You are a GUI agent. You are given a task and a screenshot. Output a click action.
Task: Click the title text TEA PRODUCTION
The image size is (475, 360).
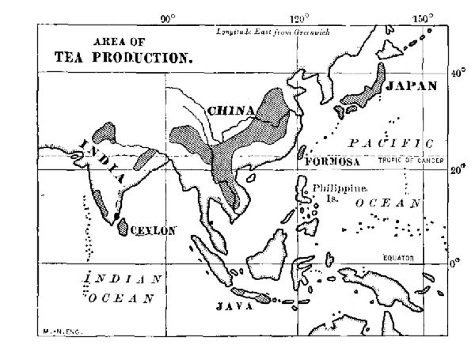tap(123, 58)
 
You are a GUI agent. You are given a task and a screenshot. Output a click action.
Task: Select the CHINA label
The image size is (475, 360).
tap(230, 110)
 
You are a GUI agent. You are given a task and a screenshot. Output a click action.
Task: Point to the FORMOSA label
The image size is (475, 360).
tap(332, 161)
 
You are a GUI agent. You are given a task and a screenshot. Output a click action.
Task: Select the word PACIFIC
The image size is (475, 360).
tap(392, 143)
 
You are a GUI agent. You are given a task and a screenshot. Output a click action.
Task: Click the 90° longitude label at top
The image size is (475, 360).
tap(168, 18)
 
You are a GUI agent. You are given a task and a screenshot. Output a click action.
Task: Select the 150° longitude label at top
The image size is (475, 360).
tap(423, 18)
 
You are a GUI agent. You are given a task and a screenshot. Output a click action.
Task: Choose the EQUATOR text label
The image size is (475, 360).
tap(399, 258)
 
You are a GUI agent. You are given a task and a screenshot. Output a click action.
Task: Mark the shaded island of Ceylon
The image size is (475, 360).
tap(123, 225)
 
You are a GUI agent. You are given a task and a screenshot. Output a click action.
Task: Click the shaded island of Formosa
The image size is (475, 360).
tap(302, 153)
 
